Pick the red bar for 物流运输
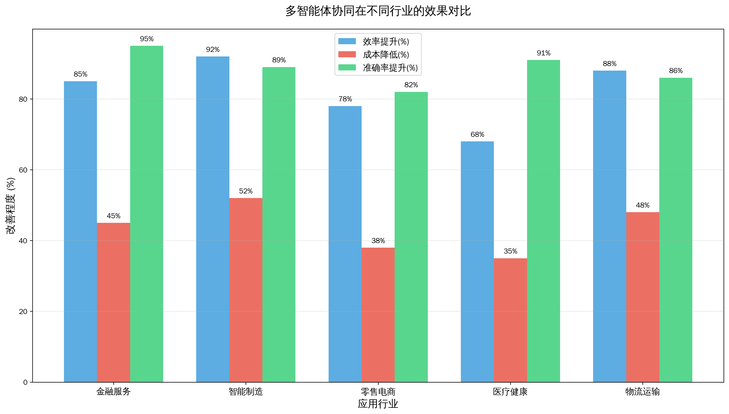(x=642, y=297)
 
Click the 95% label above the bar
(x=147, y=39)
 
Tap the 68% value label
(x=477, y=135)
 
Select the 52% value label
(x=246, y=191)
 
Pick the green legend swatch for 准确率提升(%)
(x=347, y=68)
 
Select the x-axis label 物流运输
(x=642, y=392)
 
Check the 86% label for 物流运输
(x=676, y=71)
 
